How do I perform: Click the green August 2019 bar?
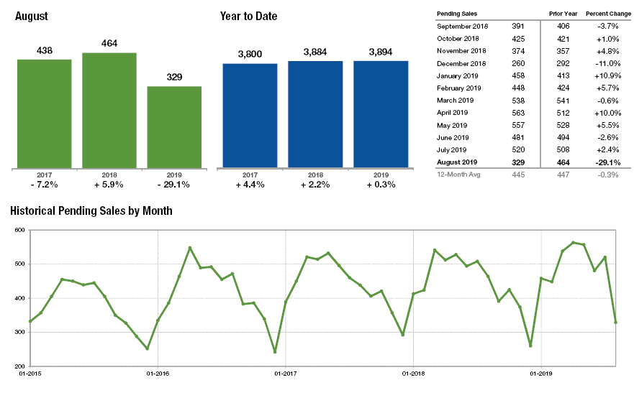(x=174, y=127)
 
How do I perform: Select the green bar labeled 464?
(x=109, y=110)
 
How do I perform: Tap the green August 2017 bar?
(x=44, y=114)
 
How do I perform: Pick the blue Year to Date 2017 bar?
(x=250, y=116)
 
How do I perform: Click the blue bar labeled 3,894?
(x=381, y=114)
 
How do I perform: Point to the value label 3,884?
(x=315, y=52)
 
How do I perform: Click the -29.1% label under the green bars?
(x=174, y=185)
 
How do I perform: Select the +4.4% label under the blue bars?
(x=250, y=185)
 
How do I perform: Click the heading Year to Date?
(x=248, y=17)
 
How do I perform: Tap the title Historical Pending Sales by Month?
(x=91, y=211)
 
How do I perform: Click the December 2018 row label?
(x=461, y=63)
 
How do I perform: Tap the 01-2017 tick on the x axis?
(x=285, y=374)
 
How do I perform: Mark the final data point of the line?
(x=616, y=322)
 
